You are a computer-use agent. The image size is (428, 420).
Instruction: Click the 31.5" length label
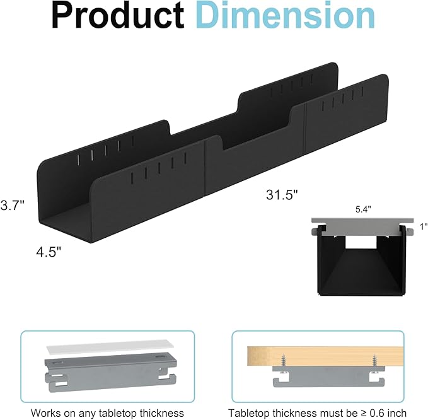tap(281, 195)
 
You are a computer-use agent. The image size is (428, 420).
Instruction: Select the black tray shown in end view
tap(360, 265)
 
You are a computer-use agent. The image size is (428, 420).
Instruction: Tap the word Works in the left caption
tap(47, 412)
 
